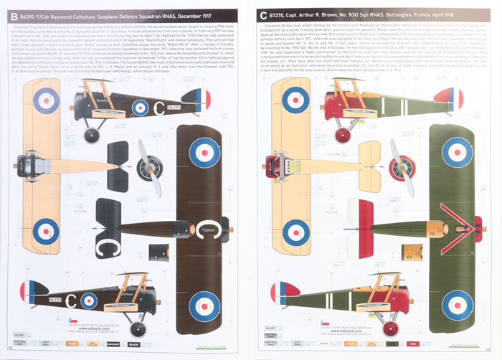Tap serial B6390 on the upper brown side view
(x=174, y=107)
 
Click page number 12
(x=9, y=354)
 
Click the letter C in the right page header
(x=264, y=14)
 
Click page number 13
(x=493, y=354)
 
